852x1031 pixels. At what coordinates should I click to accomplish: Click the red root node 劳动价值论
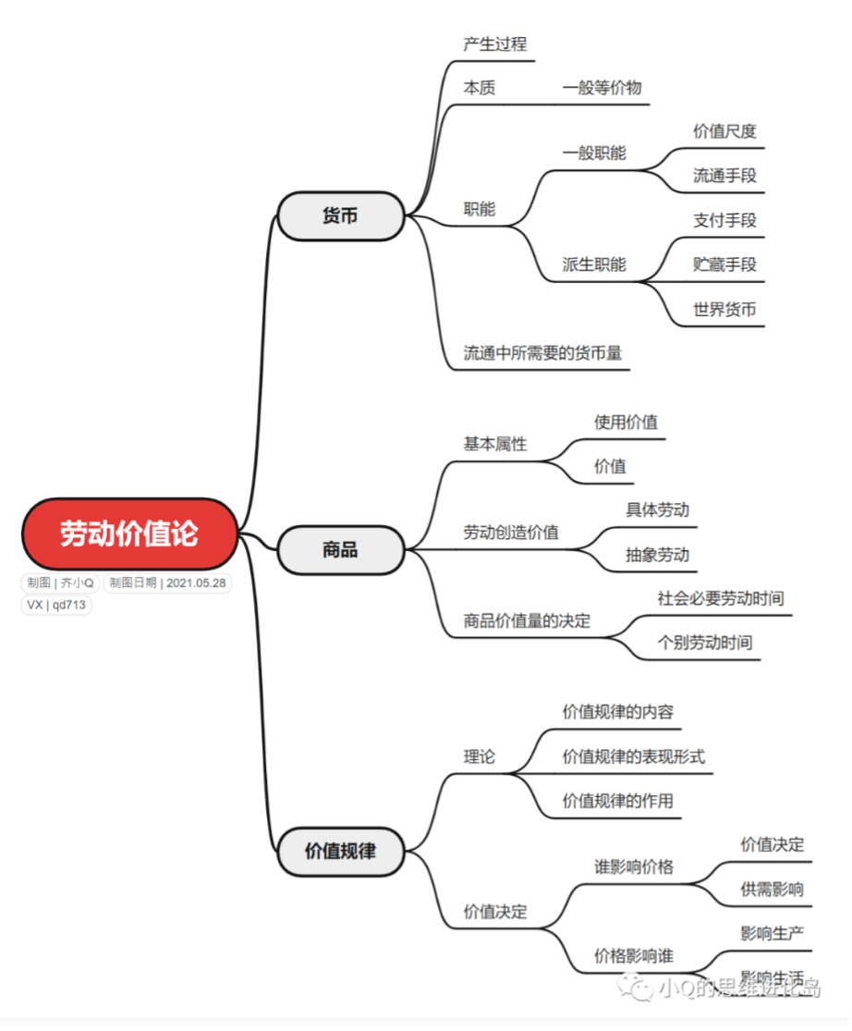(129, 534)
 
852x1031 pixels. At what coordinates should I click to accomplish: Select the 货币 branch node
(341, 215)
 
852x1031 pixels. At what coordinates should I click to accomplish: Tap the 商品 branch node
(341, 550)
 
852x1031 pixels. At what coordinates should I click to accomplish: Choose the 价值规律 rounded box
(341, 851)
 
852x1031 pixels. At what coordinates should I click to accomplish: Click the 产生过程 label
(495, 43)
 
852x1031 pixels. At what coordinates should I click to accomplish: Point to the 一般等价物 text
(602, 88)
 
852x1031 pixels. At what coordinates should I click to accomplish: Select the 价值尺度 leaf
(724, 131)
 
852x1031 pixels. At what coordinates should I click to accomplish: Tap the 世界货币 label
(724, 310)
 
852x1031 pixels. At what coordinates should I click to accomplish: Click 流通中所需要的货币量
(542, 353)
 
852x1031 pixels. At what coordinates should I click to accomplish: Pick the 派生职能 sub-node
(594, 264)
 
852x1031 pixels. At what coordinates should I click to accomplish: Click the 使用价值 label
(626, 423)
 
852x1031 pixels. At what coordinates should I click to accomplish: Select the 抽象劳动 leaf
(657, 555)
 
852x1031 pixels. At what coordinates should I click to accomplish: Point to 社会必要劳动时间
(721, 598)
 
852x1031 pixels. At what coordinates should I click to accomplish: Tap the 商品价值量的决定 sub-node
(527, 621)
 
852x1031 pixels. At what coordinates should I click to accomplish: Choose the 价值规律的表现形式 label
(634, 756)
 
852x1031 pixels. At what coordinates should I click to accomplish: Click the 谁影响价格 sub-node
(634, 867)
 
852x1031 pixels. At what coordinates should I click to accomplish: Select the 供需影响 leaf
(772, 890)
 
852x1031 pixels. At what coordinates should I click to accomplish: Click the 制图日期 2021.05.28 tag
(167, 583)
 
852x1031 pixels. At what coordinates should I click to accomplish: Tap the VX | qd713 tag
(55, 605)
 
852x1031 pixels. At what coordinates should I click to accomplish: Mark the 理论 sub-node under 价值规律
(480, 756)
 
